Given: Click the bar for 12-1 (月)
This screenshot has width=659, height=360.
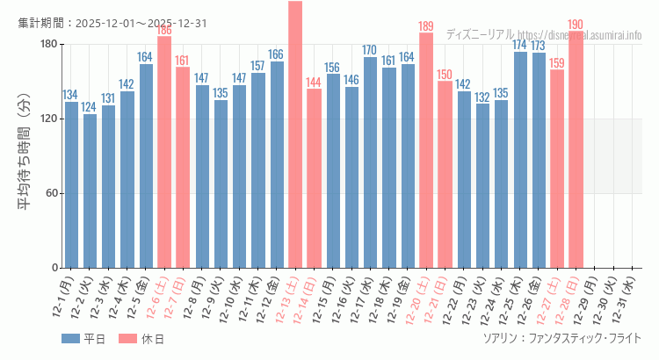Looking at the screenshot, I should tap(71, 184).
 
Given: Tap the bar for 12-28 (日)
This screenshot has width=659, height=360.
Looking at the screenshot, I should tap(576, 149).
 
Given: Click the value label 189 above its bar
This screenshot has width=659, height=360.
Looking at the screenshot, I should tap(426, 26).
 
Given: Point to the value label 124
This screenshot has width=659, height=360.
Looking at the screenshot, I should tap(90, 107).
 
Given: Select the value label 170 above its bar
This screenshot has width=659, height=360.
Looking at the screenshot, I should tap(370, 50).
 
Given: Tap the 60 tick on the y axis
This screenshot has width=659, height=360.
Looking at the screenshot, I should tap(50, 193).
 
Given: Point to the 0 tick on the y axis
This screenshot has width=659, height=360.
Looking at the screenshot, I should tap(54, 268).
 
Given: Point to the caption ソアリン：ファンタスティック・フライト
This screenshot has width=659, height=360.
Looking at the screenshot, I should tap(561, 338).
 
